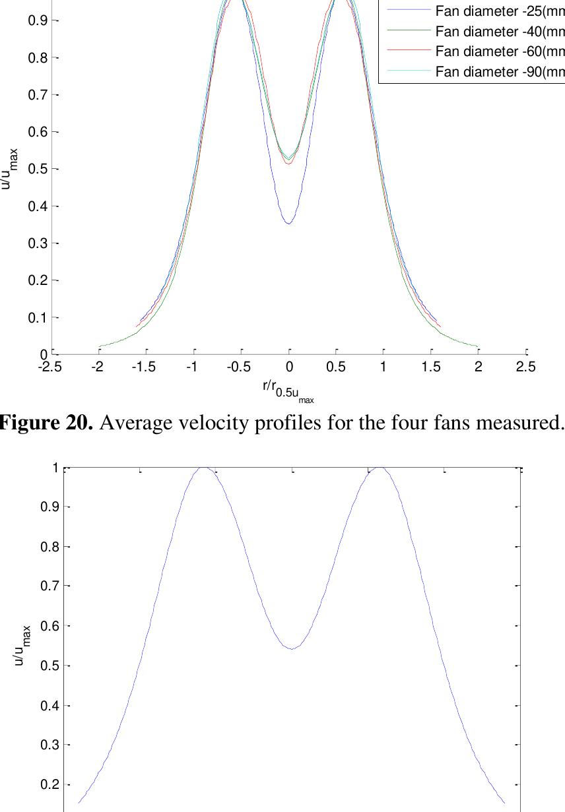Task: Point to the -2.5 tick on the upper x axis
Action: [x=50, y=367]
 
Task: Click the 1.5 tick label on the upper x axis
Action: [x=432, y=367]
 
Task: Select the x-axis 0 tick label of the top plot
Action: [x=289, y=367]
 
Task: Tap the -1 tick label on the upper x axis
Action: [x=192, y=367]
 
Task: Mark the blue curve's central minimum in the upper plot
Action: [x=289, y=224]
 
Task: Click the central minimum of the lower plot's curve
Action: [x=292, y=649]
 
